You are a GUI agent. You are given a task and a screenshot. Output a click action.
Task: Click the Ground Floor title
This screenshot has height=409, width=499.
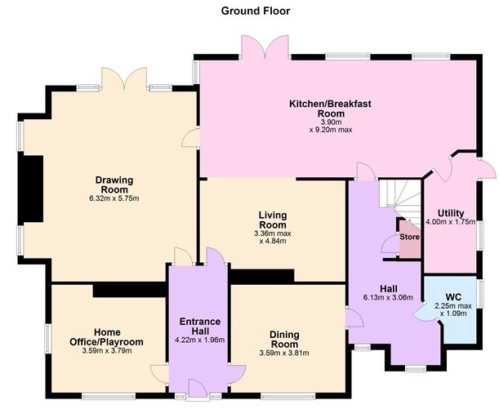(255, 11)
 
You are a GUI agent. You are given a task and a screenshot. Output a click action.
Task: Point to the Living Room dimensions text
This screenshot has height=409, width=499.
(274, 238)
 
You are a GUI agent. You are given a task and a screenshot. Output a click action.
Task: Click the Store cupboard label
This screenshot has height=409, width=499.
(409, 238)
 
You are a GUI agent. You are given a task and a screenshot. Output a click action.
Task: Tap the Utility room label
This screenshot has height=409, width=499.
(450, 213)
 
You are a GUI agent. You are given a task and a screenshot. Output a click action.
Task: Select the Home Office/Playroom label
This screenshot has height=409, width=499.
(118, 336)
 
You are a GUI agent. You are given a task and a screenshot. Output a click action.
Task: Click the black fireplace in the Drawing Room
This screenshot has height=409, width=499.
(32, 189)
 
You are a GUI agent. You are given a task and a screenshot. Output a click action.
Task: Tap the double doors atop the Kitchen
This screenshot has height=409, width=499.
(265, 47)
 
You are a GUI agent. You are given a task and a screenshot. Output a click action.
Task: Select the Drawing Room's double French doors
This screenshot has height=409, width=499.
(124, 80)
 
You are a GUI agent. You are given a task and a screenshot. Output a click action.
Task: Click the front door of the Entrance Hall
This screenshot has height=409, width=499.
(197, 388)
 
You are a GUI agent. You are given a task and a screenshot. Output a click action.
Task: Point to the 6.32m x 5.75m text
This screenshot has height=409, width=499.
(114, 198)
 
